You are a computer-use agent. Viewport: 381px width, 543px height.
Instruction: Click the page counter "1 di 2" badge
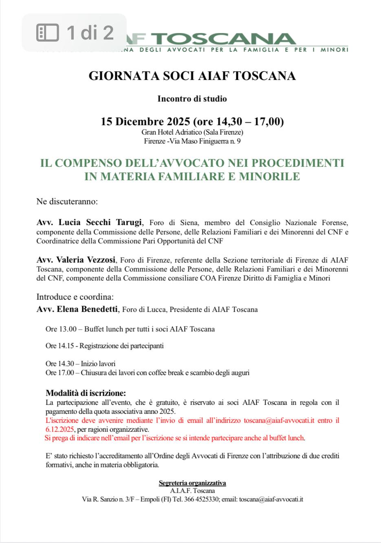(x=75, y=33)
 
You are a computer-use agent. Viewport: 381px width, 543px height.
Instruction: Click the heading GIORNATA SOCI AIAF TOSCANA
(x=192, y=76)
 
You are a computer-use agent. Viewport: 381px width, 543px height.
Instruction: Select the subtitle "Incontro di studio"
(x=192, y=99)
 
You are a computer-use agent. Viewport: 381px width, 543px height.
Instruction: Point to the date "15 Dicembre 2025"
(x=145, y=121)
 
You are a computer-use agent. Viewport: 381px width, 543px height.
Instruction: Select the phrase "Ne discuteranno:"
(x=67, y=201)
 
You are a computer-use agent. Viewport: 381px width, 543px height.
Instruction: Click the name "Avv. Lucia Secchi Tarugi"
(x=89, y=223)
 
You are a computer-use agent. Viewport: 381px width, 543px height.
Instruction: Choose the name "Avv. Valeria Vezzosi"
(x=76, y=260)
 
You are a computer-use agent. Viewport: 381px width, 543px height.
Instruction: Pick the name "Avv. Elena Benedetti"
(x=77, y=309)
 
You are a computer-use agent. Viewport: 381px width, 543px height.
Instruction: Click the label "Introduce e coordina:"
(x=75, y=296)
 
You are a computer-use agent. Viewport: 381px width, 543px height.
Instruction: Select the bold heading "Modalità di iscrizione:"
(x=86, y=393)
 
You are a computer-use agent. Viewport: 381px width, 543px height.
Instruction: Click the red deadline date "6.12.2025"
(x=60, y=429)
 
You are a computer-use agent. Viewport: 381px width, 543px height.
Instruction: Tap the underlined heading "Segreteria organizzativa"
(x=192, y=483)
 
